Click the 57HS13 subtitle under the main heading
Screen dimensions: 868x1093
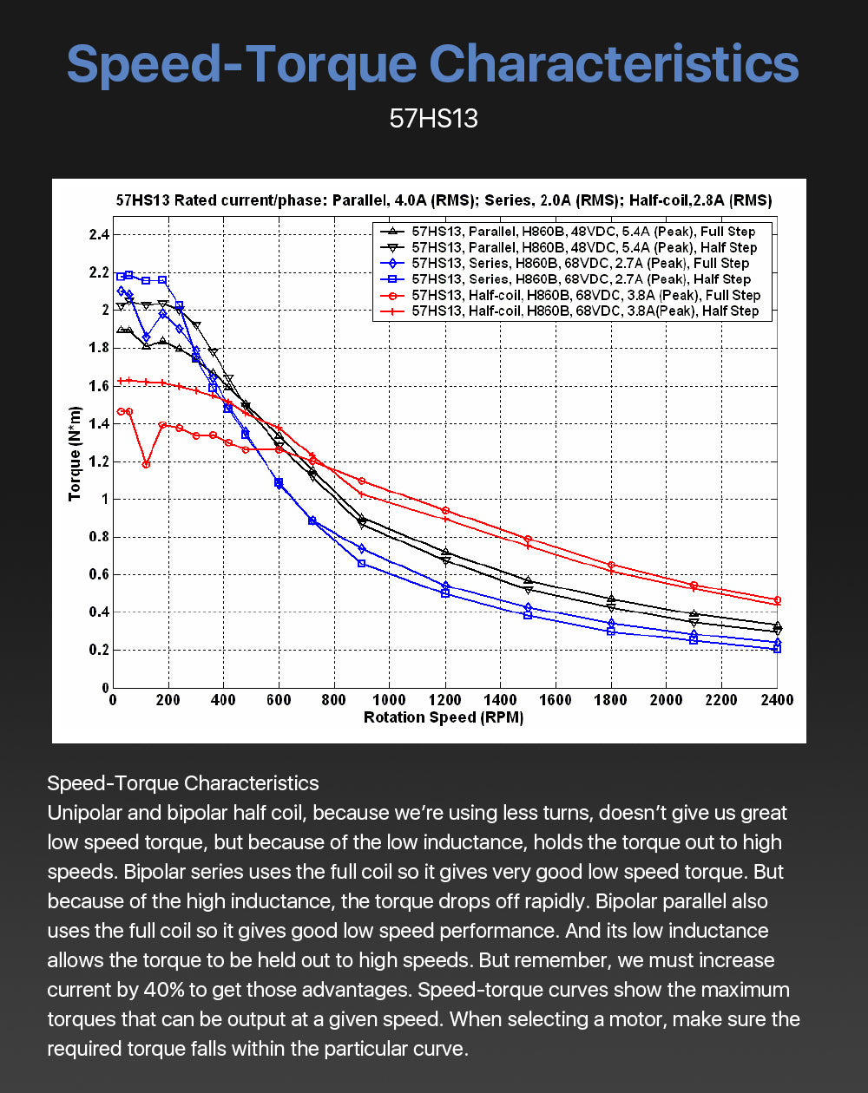coord(433,119)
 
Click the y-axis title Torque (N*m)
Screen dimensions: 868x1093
coord(75,454)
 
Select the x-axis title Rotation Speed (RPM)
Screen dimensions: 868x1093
coord(444,717)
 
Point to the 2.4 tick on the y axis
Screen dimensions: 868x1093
coord(99,235)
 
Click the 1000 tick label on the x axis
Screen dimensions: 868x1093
coord(389,700)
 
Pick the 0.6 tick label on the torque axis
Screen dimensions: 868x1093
coord(99,574)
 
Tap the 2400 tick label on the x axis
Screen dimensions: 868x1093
coord(777,700)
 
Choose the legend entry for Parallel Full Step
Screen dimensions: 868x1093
coord(568,232)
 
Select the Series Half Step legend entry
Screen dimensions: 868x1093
coord(565,279)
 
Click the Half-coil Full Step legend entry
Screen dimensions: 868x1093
coord(570,295)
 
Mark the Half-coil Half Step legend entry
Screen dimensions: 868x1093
coord(569,311)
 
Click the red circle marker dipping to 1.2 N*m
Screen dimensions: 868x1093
coord(146,464)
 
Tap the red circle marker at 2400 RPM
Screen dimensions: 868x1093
coord(777,599)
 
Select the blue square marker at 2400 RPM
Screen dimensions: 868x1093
coord(777,649)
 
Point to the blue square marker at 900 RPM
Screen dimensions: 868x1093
coord(361,563)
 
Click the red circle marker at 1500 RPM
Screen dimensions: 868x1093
coord(528,539)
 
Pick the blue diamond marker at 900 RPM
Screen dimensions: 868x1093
coord(361,548)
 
